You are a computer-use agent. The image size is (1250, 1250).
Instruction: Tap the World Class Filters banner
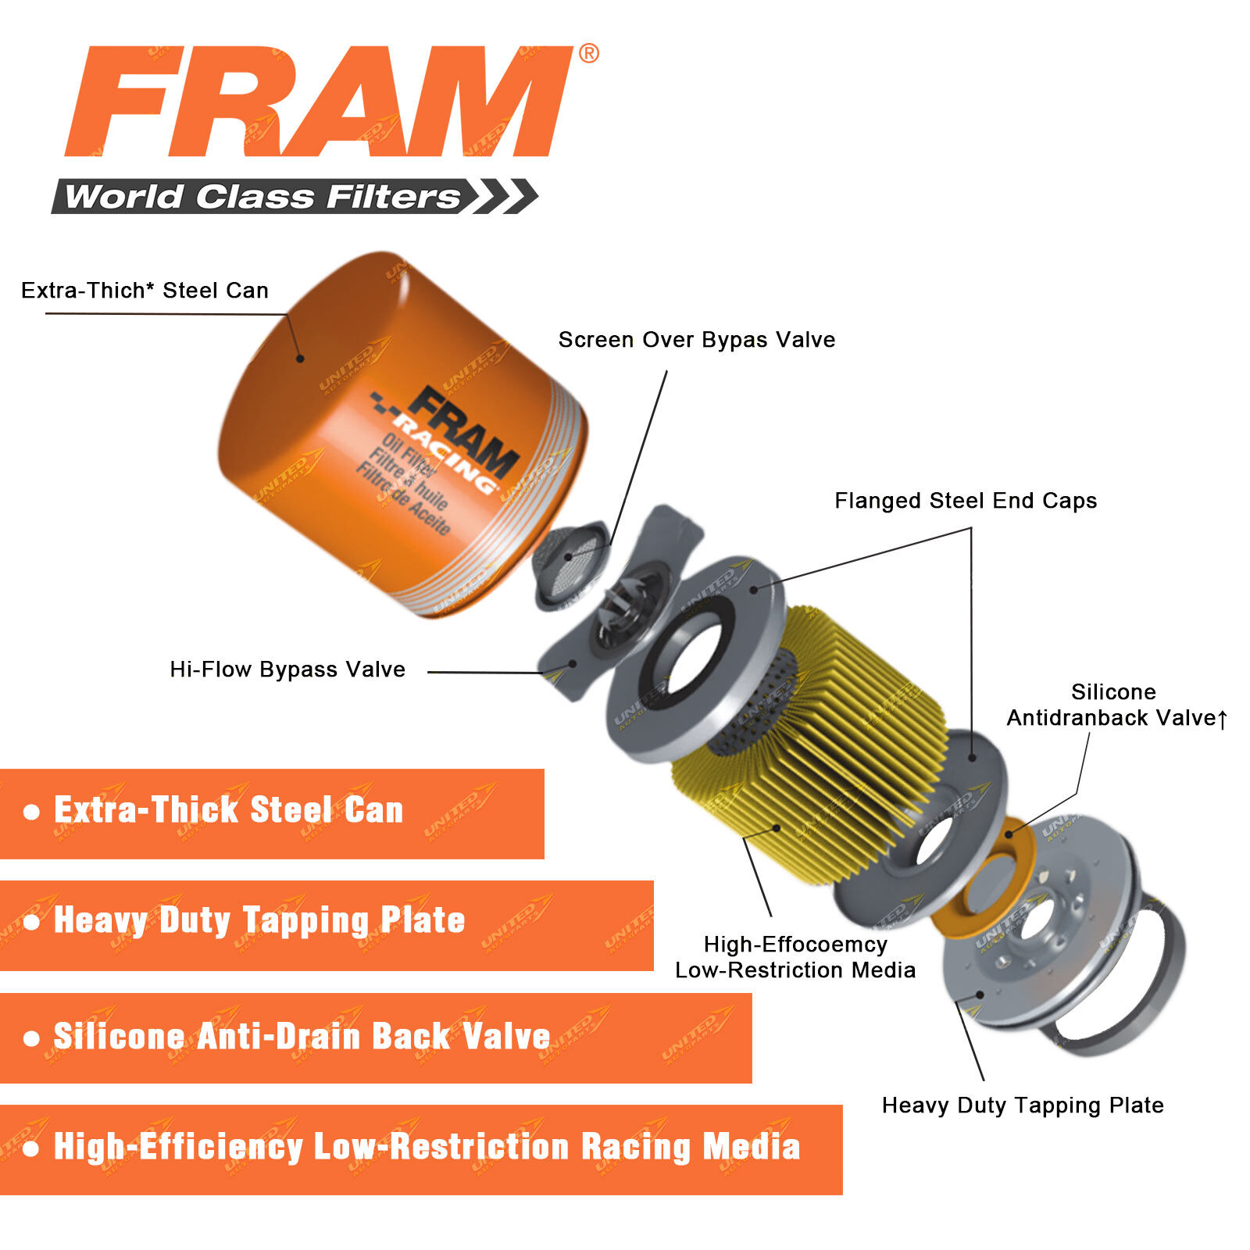click(295, 196)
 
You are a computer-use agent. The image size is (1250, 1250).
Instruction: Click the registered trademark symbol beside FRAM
click(589, 53)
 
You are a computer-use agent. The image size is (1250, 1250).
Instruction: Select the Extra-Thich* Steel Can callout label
click(145, 291)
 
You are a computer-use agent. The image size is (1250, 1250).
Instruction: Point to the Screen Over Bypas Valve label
click(697, 340)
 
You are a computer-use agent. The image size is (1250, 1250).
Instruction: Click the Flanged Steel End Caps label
click(966, 501)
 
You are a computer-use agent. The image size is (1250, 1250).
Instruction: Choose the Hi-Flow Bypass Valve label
click(287, 670)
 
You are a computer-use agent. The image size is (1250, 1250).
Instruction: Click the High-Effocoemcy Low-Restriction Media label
click(795, 957)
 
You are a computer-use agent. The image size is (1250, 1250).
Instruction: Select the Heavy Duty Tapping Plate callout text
click(1023, 1105)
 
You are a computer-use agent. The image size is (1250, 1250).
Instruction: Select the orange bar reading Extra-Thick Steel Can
click(272, 814)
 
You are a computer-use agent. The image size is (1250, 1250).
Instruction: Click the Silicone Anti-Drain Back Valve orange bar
click(376, 1038)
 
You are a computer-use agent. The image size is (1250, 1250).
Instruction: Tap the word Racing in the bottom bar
click(635, 1147)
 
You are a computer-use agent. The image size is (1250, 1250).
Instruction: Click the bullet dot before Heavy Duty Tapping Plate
click(31, 923)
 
